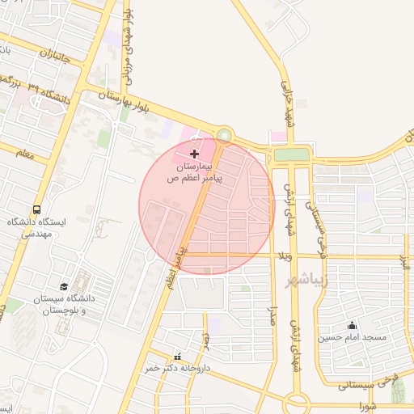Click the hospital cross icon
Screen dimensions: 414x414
194,153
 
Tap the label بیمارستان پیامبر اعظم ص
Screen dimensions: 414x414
194,171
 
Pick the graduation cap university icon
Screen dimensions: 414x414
64,286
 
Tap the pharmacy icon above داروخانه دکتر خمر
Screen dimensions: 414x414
178,357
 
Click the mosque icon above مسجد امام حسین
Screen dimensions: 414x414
352,326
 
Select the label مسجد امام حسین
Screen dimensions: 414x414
352,337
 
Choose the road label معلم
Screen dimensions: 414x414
24,154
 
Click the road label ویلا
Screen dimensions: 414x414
284,257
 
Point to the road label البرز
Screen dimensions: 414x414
402,260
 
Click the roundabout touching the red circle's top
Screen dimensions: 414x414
224,135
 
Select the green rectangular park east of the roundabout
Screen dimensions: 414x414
291,154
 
